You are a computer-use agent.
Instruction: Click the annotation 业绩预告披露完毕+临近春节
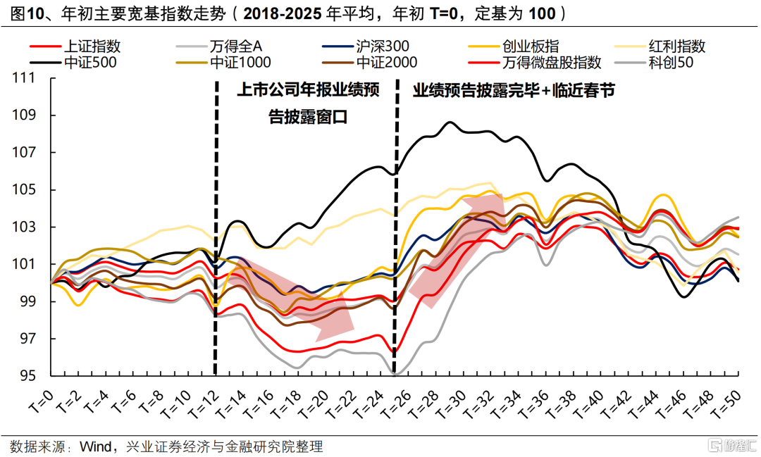point(514,91)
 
